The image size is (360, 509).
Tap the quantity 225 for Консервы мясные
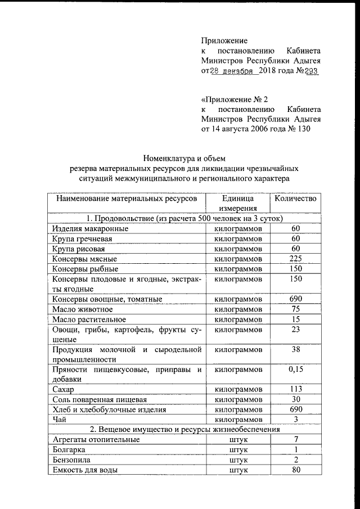point(295,259)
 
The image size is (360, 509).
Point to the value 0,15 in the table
point(295,370)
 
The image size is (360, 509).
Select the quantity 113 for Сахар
point(295,389)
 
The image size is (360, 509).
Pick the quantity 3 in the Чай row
point(295,420)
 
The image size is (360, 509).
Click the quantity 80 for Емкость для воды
point(295,470)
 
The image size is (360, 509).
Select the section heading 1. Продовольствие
point(184,219)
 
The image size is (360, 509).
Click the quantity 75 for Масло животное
point(295,309)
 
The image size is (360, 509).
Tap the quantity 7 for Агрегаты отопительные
point(295,439)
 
